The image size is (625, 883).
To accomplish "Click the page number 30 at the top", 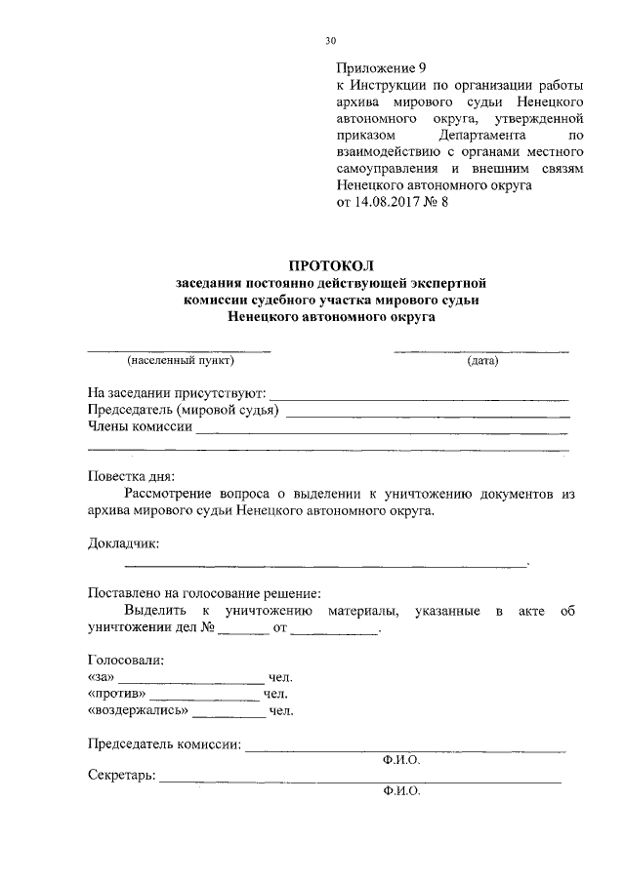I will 330,40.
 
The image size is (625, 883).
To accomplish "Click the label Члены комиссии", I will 140,426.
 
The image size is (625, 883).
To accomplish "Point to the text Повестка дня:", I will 131,477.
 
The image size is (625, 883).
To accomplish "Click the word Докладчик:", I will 122,542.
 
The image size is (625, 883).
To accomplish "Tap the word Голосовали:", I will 125,660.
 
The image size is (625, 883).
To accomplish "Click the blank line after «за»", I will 191,680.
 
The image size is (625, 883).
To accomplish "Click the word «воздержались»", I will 137,712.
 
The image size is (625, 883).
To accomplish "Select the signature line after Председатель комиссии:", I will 404,749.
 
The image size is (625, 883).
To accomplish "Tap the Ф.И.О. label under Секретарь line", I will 401,792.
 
